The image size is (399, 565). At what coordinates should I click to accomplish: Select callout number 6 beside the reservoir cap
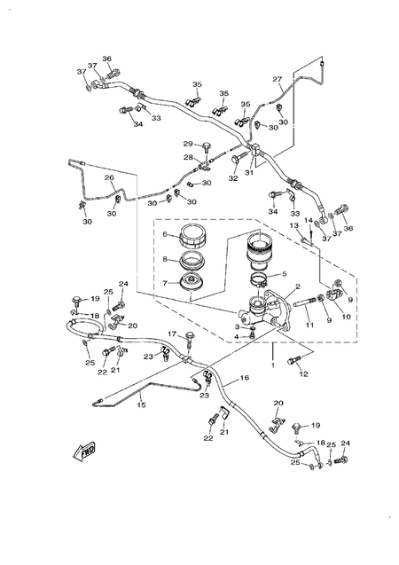pos(164,235)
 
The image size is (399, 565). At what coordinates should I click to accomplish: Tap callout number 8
pos(164,260)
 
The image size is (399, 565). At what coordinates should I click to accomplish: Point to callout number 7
pos(164,283)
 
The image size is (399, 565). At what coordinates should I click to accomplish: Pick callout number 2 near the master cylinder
pos(297,286)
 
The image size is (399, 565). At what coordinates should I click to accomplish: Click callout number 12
pos(304,374)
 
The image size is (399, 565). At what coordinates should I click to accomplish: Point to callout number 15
pos(140,405)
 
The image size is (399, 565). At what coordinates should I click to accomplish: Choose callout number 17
pos(173,334)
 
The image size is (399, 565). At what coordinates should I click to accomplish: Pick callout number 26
pos(109,177)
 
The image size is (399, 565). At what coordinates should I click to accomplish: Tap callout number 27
pos(278,78)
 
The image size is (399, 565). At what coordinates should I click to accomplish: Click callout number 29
pos(188,144)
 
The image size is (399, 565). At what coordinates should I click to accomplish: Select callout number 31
pos(249,174)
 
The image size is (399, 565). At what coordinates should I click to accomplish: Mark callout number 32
pos(233,178)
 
